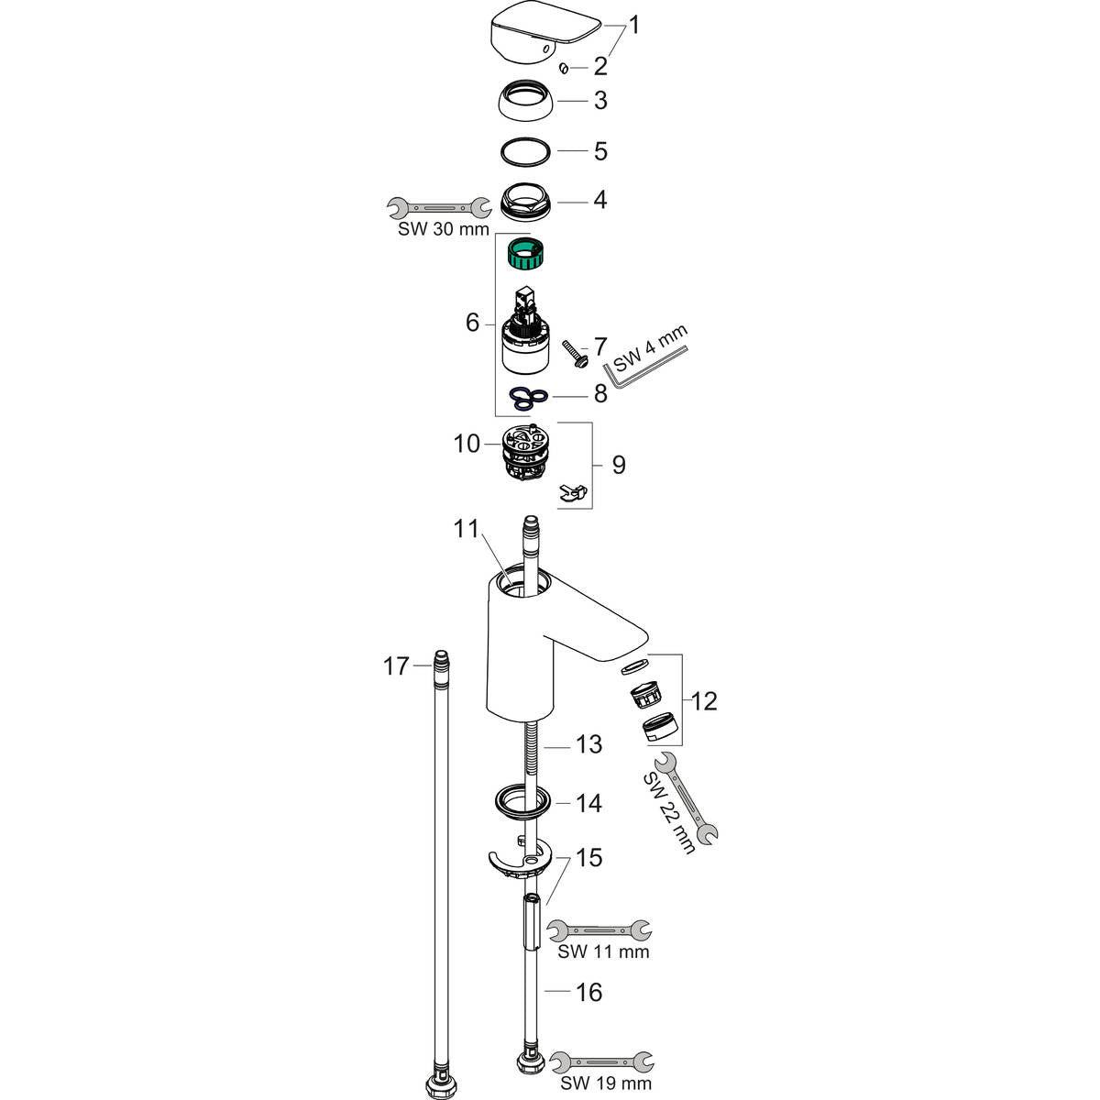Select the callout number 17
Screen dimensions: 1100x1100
pyautogui.click(x=396, y=665)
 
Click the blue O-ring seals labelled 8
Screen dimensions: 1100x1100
pyautogui.click(x=530, y=396)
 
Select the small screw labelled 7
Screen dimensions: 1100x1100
pyautogui.click(x=575, y=354)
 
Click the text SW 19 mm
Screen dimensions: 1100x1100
pyautogui.click(x=605, y=1083)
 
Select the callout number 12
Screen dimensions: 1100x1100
pyautogui.click(x=704, y=702)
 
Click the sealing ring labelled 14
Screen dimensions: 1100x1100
pyautogui.click(x=524, y=799)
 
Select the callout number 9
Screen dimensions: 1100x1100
pyautogui.click(x=619, y=465)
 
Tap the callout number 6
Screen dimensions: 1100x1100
pyautogui.click(x=472, y=323)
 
